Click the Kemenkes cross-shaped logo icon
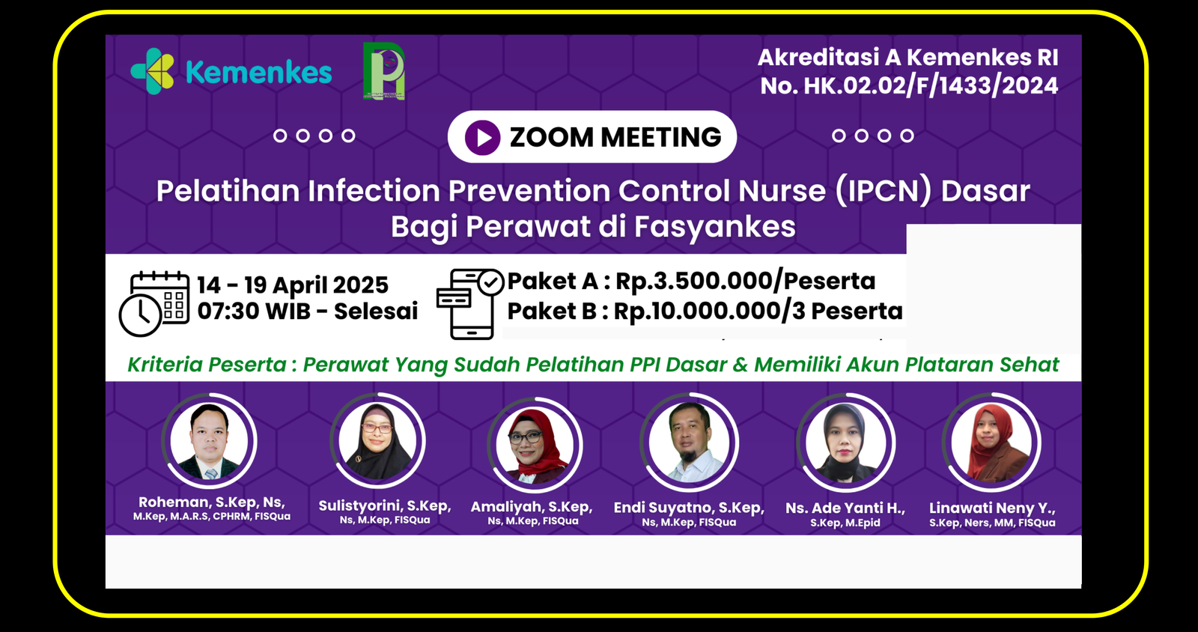coord(153,71)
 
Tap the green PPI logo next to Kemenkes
coord(383,71)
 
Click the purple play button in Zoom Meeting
coord(482,138)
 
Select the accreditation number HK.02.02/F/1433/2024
coord(931,86)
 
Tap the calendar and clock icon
coord(154,303)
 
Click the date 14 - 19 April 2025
coord(293,285)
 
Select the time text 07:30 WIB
coord(254,312)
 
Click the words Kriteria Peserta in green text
coord(207,365)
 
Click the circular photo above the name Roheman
coord(209,441)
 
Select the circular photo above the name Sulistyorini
coord(377,441)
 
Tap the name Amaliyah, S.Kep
coord(532,507)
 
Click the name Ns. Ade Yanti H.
coord(845,508)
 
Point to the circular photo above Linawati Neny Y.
coord(992,443)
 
